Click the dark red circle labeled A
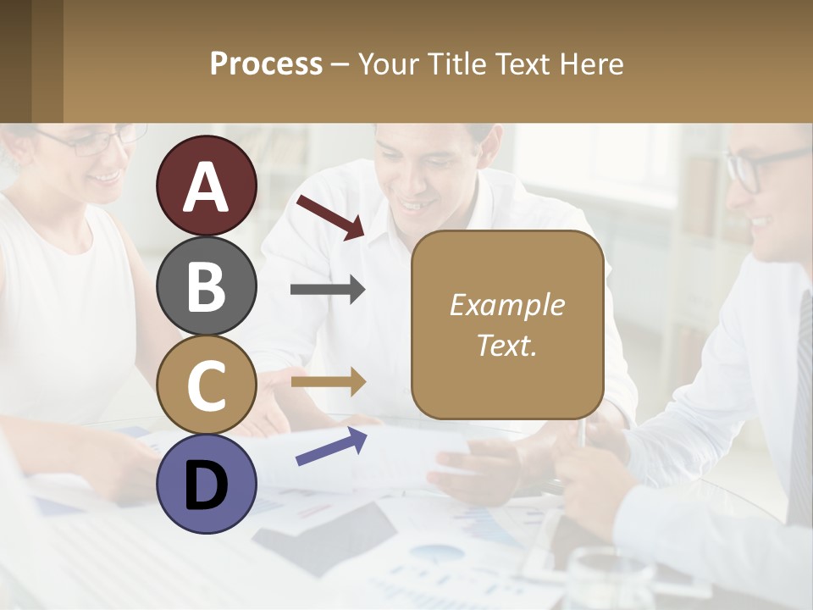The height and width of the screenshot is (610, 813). (x=207, y=186)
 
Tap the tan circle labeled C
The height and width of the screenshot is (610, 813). (x=207, y=385)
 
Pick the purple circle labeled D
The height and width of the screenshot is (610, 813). (x=207, y=484)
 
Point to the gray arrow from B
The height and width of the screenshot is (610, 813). (x=328, y=290)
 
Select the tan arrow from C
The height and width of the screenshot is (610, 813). (x=328, y=381)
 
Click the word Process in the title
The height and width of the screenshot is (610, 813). (x=266, y=64)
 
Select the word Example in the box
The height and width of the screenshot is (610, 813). (x=506, y=305)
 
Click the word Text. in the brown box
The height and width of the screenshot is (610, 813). (x=506, y=345)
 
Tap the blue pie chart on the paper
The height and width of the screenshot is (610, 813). (x=437, y=554)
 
